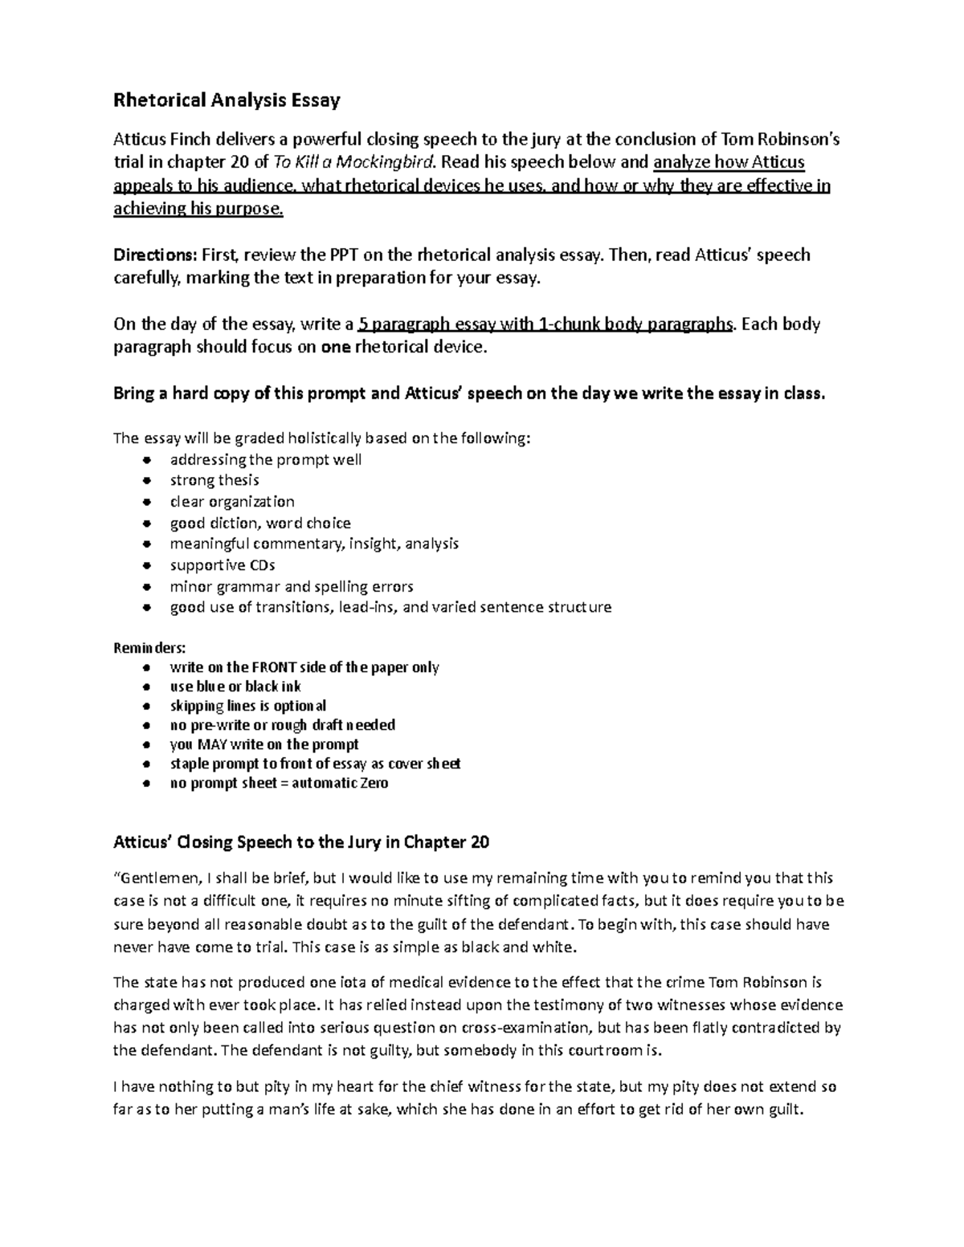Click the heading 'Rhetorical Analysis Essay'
227,100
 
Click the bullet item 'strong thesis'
214,480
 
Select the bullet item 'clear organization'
231,502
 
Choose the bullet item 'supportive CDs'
222,564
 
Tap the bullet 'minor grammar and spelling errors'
291,586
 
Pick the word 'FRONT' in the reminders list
273,667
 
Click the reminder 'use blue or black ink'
235,687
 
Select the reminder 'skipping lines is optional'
247,706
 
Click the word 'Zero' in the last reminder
374,783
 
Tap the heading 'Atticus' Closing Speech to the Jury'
300,842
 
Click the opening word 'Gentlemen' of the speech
151,878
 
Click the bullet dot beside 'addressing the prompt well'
145,460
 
